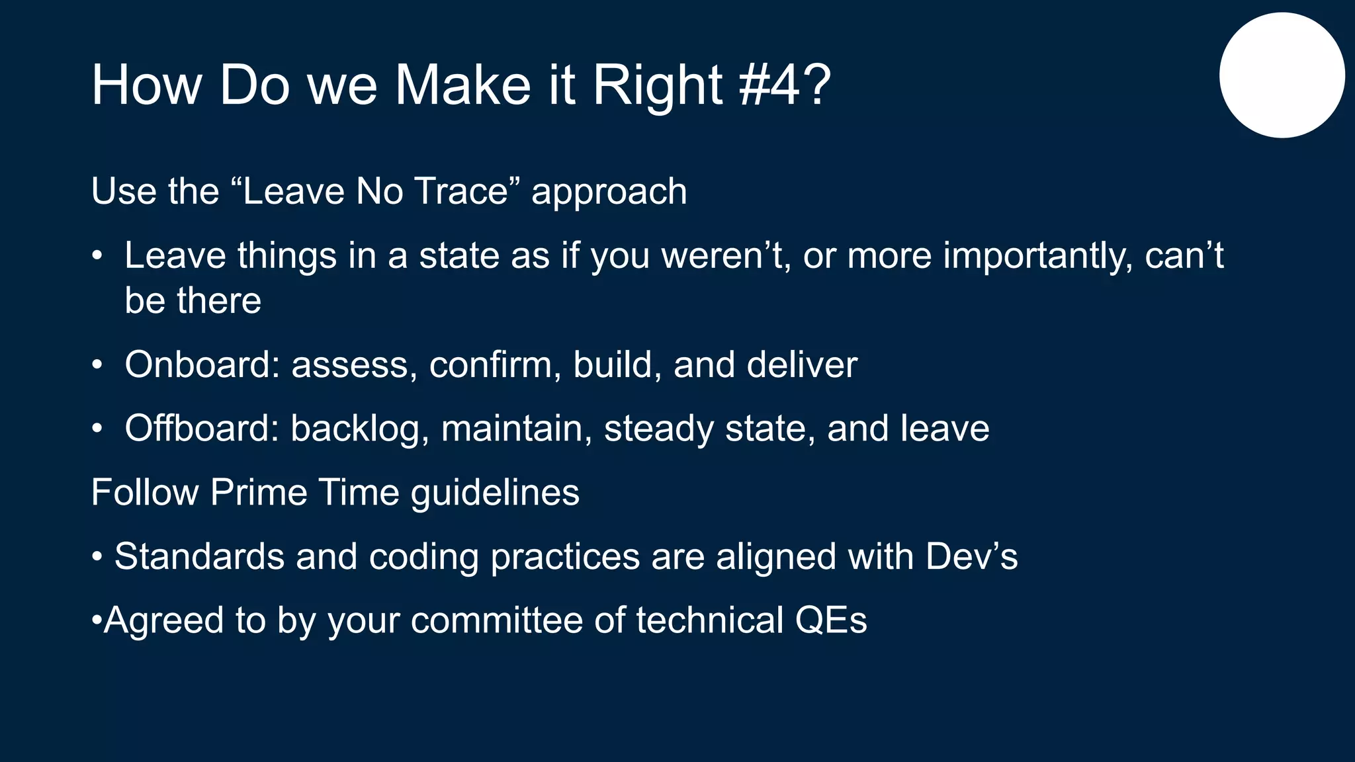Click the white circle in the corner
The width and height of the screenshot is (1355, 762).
coord(1282,75)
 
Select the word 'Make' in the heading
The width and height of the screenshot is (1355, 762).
coord(462,85)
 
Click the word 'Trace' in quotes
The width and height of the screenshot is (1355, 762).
coord(461,191)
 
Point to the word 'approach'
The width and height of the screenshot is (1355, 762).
coord(609,192)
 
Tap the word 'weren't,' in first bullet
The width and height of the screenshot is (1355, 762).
coord(726,256)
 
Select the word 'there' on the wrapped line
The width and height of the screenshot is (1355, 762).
coord(218,300)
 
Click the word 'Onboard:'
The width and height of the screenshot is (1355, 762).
coord(202,364)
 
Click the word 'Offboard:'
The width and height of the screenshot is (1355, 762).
coord(202,428)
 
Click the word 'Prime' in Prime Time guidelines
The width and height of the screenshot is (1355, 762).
coord(259,492)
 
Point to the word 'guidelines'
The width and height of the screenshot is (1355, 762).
coord(495,493)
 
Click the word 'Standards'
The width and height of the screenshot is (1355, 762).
coord(199,556)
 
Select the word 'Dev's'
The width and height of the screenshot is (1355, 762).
coord(971,556)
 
